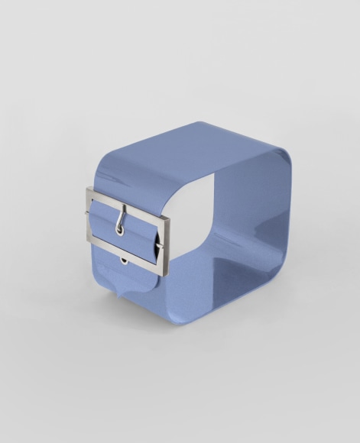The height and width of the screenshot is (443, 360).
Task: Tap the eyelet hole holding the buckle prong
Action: pos(119,228)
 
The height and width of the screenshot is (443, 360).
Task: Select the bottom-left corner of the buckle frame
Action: pos(89,239)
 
